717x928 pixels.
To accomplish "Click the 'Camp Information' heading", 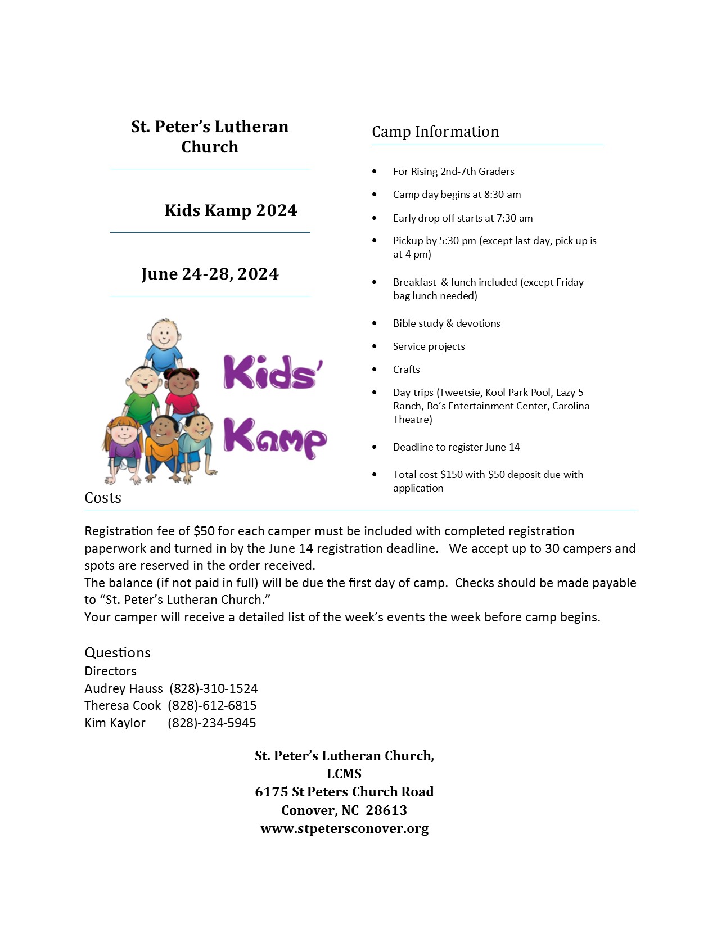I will pos(435,132).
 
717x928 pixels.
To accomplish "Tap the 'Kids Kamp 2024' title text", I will pos(231,210).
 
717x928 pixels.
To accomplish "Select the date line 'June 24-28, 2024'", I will pos(210,274).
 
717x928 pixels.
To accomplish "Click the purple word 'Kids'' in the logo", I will pos(273,372).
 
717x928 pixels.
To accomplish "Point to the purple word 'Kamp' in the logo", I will pos(275,437).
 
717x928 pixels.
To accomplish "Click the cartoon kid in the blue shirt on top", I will pos(164,343).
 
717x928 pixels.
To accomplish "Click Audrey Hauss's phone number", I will pos(214,688).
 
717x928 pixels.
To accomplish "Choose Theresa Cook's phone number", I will pos(212,705).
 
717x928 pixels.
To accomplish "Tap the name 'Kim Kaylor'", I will pos(115,723).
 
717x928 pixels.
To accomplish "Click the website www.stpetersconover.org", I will pos(344,828).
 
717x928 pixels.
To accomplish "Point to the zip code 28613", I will pos(386,810).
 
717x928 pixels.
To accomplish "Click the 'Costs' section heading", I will pos(103,498).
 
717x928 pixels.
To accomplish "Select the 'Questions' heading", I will pos(118,652).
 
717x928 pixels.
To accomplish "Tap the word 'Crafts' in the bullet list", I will pos(407,370).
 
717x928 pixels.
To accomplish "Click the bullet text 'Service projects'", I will pos(429,346).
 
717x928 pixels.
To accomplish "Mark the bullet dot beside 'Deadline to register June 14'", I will pos(375,447).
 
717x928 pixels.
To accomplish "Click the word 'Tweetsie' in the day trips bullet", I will pos(459,393).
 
